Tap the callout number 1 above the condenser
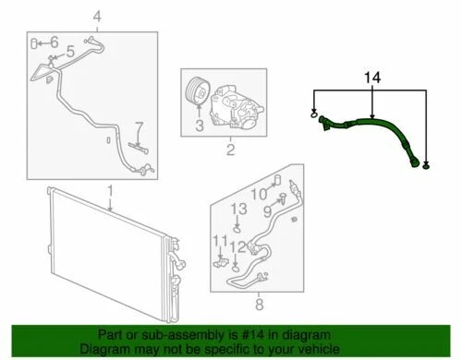pos(109,191)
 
